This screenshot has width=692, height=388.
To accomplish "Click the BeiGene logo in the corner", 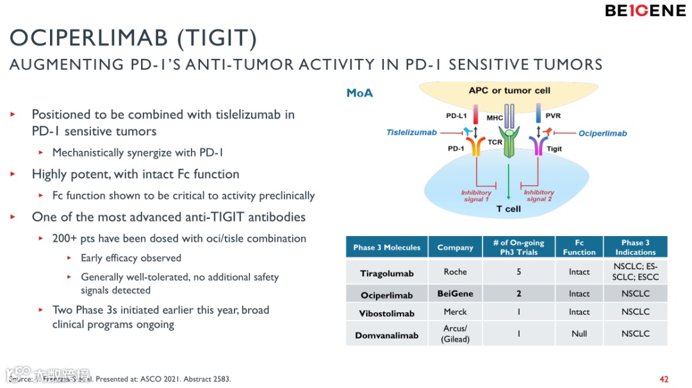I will coord(645,11).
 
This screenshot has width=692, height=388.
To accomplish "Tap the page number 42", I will coord(664,379).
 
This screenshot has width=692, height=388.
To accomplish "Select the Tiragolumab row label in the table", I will coord(386,273).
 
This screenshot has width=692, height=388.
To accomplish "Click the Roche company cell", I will coord(455,272).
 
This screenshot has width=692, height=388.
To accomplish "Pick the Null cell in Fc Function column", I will coord(579,334).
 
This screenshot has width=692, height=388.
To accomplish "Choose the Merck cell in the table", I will coord(455,312).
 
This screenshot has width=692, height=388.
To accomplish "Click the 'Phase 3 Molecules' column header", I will coord(386,248).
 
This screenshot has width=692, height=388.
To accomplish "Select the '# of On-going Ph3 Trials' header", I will coord(518,248).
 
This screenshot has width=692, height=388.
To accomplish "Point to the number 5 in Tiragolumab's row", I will coord(518,272).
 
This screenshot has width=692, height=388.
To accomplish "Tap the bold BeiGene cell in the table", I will coord(455,294).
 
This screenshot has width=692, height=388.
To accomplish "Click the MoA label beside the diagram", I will coord(359,94).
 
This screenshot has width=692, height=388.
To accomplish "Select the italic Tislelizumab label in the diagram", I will coord(411,133).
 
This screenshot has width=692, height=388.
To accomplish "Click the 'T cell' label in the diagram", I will coord(509,209).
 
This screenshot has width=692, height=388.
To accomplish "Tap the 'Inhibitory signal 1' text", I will coord(476,196).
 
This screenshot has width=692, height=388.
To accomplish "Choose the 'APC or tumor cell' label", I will coord(509,90).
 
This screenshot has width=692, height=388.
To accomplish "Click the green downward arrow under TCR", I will coord(508,180).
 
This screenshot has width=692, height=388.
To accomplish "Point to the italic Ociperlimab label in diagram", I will coord(602,133).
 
